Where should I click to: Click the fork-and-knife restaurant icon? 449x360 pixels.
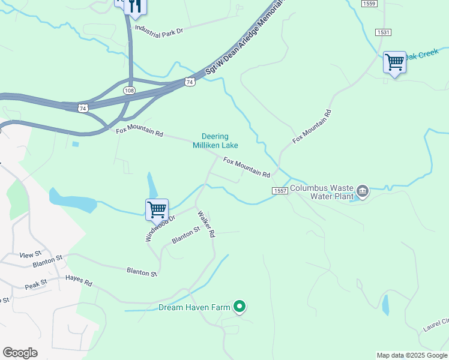(136, 6)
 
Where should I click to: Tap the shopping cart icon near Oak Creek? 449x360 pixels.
(394, 62)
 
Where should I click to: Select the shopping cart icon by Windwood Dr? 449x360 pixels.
(157, 210)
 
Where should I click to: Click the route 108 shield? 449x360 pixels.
(130, 91)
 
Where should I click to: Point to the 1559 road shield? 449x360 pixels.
(370, 4)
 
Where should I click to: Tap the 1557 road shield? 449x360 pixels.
(279, 190)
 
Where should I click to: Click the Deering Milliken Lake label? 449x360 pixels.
(215, 141)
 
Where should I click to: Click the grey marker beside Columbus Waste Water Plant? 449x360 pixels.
(363, 191)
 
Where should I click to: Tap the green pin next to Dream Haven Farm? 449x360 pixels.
(240, 307)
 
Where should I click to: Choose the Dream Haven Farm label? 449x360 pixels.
(194, 307)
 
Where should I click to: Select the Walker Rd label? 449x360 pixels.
(206, 224)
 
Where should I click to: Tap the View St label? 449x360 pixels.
(30, 254)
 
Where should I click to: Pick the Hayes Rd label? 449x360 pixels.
(79, 280)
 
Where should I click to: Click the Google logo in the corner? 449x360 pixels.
(20, 353)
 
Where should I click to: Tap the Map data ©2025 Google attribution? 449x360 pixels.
(411, 355)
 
